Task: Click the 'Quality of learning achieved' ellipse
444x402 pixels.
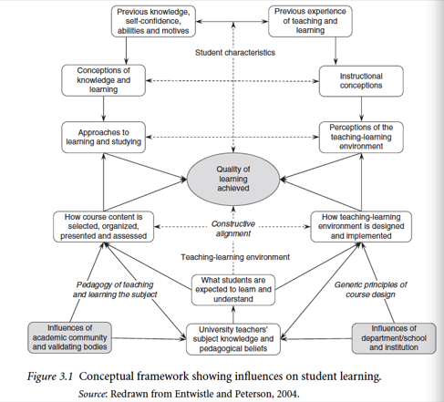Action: click(x=233, y=179)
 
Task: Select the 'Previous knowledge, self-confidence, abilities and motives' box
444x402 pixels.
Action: click(x=153, y=21)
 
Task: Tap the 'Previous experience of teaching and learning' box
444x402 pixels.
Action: click(x=310, y=21)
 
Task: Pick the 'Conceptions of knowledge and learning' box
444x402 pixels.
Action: click(x=103, y=80)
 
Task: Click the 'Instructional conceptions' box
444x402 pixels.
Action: click(x=361, y=81)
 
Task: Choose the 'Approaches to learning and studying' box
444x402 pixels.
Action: click(x=103, y=137)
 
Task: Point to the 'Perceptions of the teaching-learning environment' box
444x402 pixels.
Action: click(x=361, y=137)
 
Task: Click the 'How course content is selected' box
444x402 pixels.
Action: click(x=103, y=227)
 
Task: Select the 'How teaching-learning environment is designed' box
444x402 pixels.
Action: click(x=361, y=227)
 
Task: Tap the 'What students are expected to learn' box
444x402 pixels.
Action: click(x=233, y=290)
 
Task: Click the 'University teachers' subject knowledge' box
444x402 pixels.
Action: click(x=233, y=339)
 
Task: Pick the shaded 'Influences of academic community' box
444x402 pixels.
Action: click(x=69, y=337)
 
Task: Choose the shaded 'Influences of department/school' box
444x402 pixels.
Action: click(x=394, y=338)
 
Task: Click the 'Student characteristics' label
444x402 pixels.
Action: click(x=235, y=53)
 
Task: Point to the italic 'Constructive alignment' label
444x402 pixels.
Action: click(x=233, y=229)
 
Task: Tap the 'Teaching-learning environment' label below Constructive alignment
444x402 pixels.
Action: click(x=235, y=257)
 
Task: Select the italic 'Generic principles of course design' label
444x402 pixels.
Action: click(x=370, y=290)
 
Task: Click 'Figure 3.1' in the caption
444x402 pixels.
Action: click(x=50, y=376)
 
